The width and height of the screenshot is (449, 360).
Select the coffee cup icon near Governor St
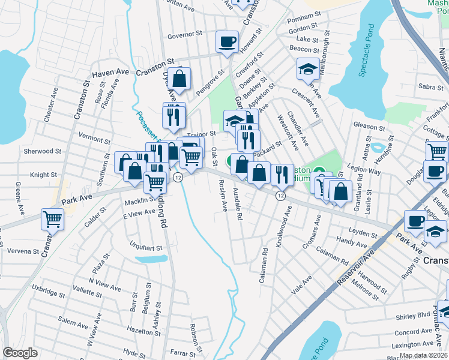[x=227, y=42]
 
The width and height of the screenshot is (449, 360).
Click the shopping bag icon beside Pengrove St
[x=179, y=79]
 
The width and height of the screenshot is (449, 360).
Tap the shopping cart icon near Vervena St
[x=52, y=219]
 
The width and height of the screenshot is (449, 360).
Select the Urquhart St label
[x=146, y=247]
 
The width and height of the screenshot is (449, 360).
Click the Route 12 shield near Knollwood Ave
[x=280, y=196]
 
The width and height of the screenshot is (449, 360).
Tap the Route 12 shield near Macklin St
[x=178, y=177]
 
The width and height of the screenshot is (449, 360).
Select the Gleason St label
[x=369, y=127]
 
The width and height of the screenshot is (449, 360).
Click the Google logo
[x=20, y=353]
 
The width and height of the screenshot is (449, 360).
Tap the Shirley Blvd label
[x=413, y=314]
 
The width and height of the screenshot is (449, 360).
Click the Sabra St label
[x=430, y=87]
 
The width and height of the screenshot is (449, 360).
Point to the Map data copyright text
[x=424, y=355]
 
